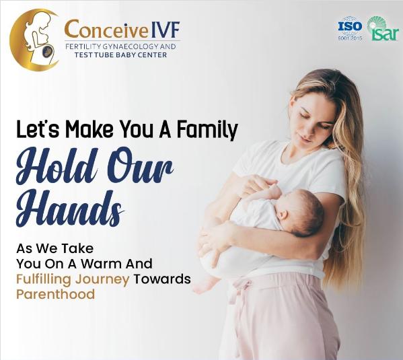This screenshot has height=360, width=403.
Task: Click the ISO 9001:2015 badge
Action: pos(350,28)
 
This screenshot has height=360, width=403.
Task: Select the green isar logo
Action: pos(383,28)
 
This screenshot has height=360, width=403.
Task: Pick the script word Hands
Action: pos(69,209)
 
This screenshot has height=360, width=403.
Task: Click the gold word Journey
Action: pos(102,280)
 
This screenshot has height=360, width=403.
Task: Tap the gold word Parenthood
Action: pos(56,294)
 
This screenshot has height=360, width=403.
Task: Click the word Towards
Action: pos(161,279)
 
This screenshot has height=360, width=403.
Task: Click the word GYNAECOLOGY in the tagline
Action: pos(129,46)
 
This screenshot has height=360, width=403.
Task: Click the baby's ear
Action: pos(283,215)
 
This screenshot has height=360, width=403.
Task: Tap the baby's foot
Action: pos(204,286)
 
